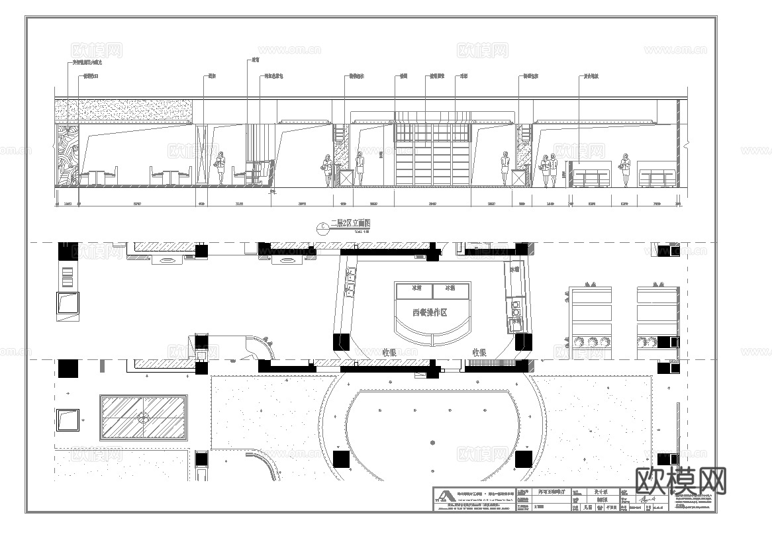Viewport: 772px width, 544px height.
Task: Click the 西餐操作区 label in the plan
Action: click(430, 312)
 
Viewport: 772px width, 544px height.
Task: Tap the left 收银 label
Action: click(390, 353)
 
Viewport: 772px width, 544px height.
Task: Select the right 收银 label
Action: click(480, 353)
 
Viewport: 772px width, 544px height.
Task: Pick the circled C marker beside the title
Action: click(322, 228)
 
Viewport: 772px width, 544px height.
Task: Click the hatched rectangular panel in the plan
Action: click(143, 418)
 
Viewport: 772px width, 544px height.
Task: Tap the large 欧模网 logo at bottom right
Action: click(681, 481)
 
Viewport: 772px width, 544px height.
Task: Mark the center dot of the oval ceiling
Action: click(432, 441)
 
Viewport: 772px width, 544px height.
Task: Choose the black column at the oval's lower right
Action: click(523, 459)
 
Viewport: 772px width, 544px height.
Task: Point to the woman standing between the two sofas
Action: click(624, 169)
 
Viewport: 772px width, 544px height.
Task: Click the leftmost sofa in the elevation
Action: click(591, 177)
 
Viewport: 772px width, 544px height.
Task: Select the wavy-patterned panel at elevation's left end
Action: click(67, 156)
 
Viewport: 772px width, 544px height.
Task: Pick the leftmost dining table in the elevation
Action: click(99, 177)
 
